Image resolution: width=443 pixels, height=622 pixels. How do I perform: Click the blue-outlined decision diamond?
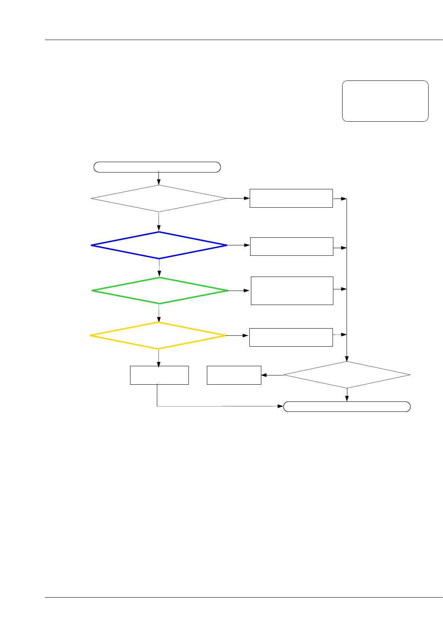coord(159,245)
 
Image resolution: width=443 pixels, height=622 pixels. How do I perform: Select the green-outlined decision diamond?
coord(160,291)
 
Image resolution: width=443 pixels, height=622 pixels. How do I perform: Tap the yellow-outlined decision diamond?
coord(158,335)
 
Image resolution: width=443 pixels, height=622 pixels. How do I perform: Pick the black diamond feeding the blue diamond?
coord(159,199)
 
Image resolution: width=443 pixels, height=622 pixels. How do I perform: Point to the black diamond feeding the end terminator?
coord(347,375)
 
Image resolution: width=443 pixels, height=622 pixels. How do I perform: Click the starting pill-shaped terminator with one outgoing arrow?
coord(157,167)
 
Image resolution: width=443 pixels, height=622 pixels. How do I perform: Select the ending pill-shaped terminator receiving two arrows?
coord(347,407)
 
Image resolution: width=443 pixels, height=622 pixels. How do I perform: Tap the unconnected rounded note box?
coord(385,101)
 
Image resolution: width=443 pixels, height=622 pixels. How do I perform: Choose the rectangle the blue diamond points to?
coord(291,247)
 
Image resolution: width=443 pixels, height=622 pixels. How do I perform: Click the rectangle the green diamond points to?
coord(292,291)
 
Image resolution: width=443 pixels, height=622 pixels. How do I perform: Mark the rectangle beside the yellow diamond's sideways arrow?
coord(291,337)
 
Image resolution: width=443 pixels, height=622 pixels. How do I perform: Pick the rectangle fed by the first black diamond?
coord(291,198)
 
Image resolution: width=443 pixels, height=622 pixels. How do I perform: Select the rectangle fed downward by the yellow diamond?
coord(159,375)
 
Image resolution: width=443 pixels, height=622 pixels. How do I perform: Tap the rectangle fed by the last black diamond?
coord(234,375)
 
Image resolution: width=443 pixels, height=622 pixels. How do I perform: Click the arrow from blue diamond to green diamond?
coord(159,268)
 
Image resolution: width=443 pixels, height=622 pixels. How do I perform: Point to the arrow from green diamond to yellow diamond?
coord(159,313)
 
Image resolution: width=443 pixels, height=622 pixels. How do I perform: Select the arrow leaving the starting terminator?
coord(159,178)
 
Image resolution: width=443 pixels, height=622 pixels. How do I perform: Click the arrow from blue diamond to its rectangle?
coord(239,245)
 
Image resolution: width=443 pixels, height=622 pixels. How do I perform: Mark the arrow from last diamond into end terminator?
coord(347,395)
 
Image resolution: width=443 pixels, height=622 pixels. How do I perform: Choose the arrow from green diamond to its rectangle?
coord(239,291)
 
